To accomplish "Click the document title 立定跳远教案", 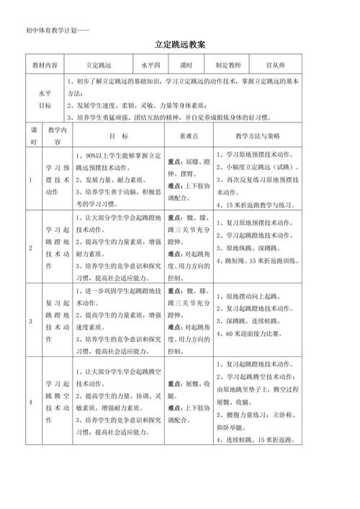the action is point(180,45).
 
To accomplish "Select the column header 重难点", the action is point(189,135).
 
